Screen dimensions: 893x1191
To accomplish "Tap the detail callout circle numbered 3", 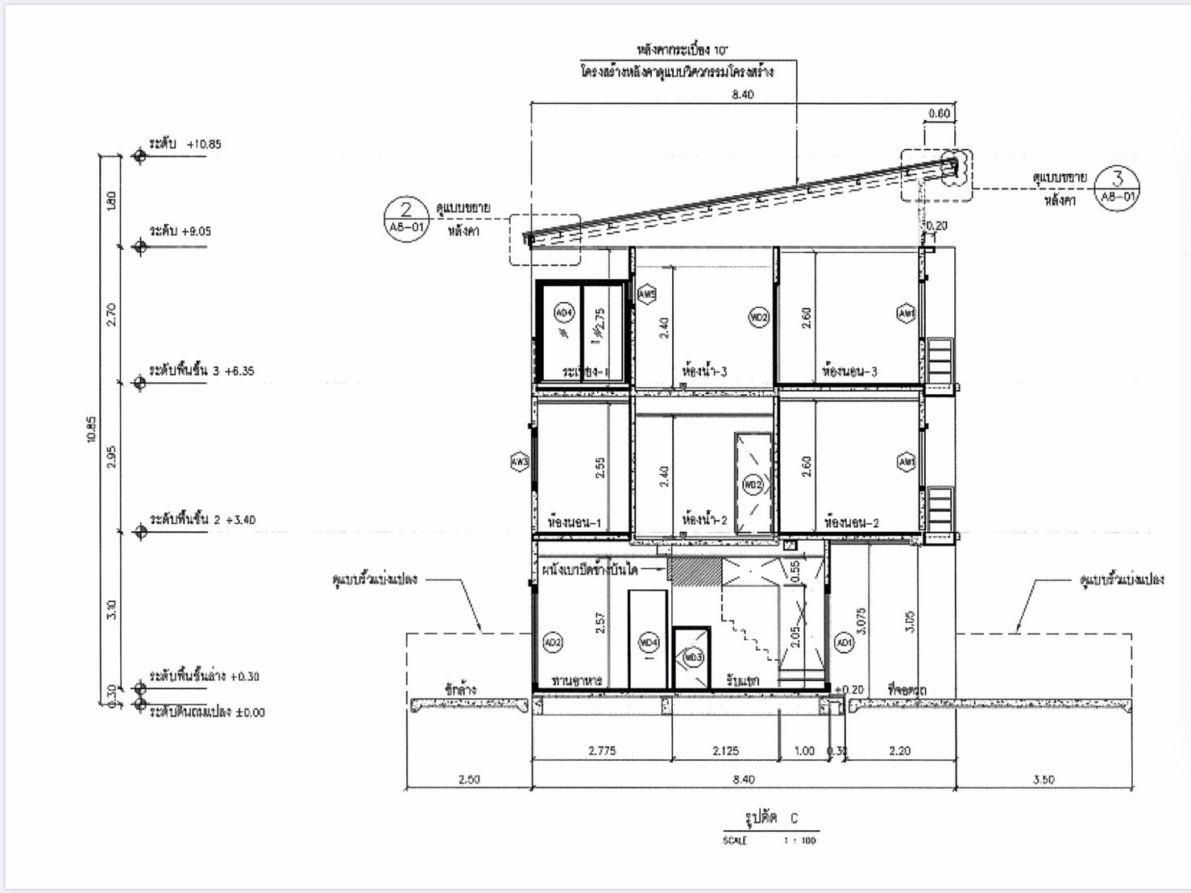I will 1117,186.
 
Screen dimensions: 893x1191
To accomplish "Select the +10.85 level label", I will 185,144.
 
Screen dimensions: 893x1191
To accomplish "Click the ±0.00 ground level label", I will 207,712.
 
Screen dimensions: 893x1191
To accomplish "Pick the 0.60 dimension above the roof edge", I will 939,114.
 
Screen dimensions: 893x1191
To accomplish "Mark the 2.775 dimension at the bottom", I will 602,750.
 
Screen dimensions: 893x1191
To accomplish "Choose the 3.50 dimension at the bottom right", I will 1043,779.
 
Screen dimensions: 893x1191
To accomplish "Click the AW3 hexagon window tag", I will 520,462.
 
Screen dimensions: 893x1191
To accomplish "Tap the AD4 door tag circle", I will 562,313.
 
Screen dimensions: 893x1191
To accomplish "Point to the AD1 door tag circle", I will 844,642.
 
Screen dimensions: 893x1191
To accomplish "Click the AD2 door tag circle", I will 553,642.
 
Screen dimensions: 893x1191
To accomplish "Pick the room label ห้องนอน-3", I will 849,372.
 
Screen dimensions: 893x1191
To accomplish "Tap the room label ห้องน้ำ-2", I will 704,521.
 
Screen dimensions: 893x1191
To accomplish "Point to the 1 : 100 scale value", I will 799,841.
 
